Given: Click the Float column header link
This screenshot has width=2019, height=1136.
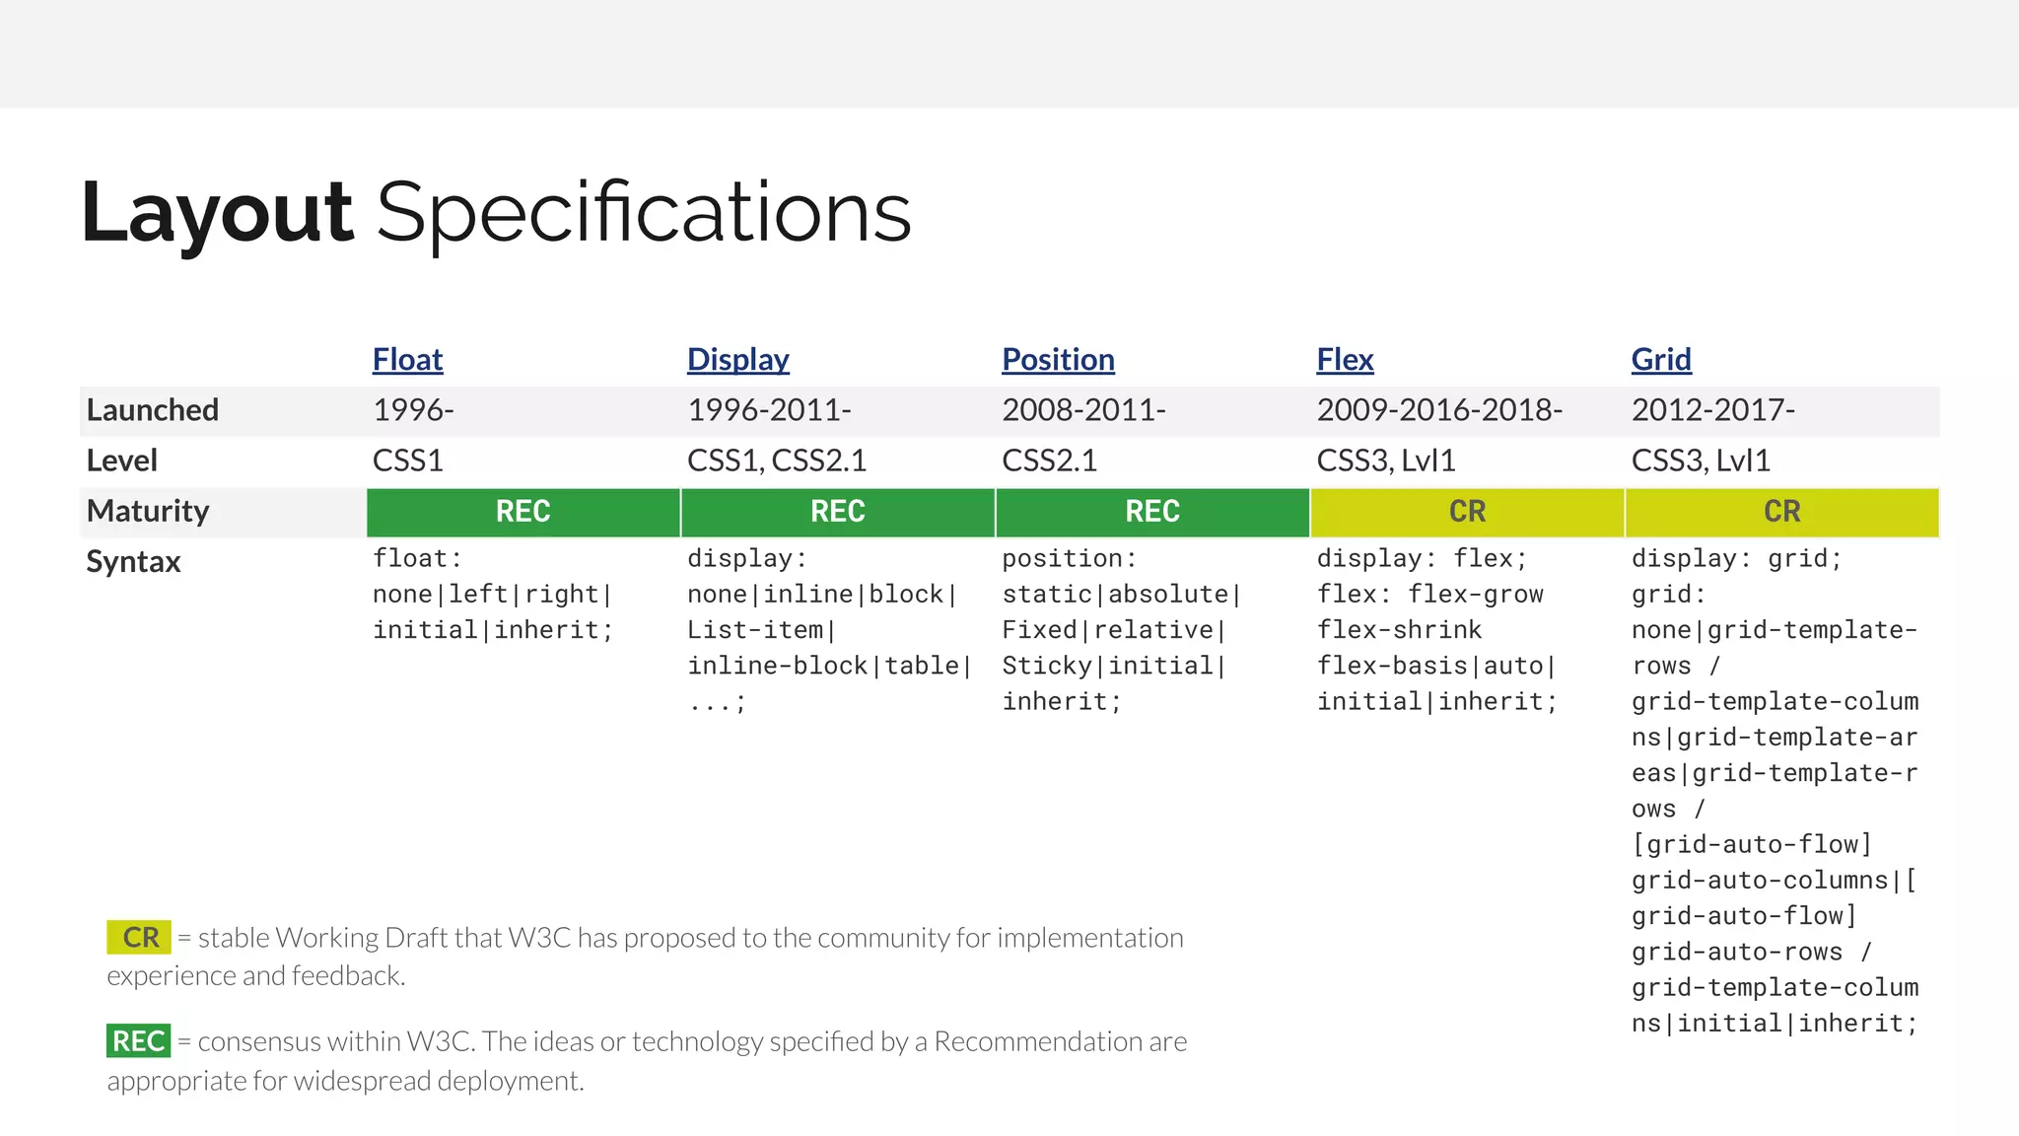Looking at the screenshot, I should tap(407, 360).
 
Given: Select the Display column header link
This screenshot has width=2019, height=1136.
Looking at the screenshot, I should tap(737, 360).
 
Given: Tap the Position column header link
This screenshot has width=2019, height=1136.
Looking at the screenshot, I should tap(1058, 360).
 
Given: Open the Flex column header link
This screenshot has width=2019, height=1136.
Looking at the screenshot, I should tap(1345, 360).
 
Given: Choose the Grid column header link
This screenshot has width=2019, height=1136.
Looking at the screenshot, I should tap(1661, 360).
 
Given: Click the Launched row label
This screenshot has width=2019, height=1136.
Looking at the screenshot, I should tap(153, 410).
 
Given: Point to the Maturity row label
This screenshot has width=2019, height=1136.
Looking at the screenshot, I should tap(148, 511).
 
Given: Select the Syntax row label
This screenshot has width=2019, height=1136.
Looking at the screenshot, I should tap(133, 562).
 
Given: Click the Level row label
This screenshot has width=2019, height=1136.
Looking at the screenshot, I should tap(122, 461).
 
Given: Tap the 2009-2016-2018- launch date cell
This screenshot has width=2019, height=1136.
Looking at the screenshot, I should tap(1439, 410).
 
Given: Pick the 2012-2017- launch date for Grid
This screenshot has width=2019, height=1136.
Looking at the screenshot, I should tap(1712, 410).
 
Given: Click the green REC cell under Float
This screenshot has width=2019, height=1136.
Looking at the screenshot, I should tap(522, 512).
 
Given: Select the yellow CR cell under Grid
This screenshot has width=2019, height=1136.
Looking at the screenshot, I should tap(1781, 512).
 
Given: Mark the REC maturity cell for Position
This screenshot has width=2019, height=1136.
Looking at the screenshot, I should tap(1152, 512).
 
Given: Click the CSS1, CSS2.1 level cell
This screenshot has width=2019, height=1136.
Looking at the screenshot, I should tap(776, 461).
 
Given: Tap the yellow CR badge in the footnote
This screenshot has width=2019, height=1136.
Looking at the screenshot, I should tap(139, 938).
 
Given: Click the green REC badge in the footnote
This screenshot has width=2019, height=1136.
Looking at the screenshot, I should tap(138, 1041).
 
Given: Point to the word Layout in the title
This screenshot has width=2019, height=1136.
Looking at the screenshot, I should tap(217, 213).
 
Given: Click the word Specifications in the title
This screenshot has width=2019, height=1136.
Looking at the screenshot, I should tap(643, 213).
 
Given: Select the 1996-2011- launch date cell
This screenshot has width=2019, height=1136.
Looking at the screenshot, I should tap(769, 410).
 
